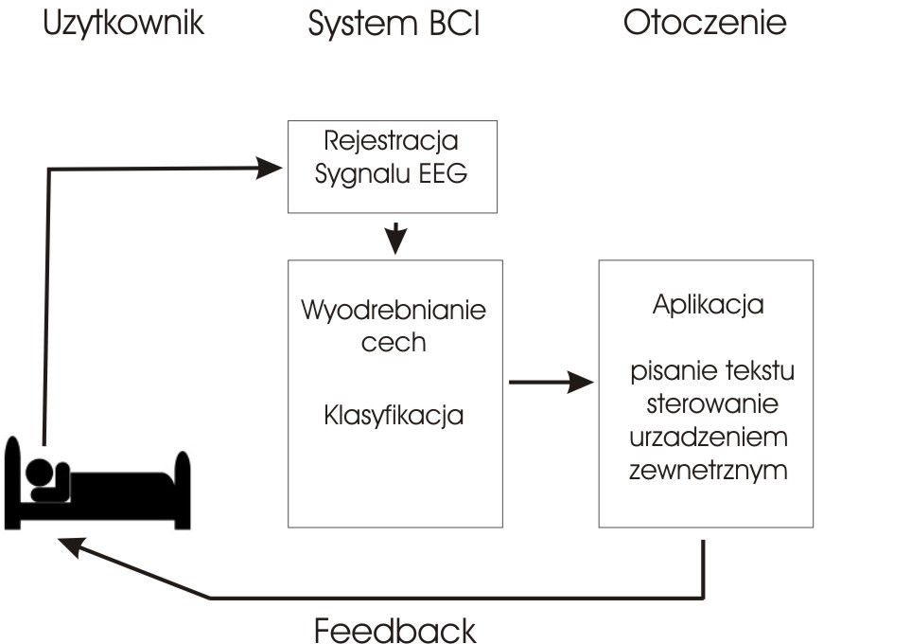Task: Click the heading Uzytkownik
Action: [x=123, y=24]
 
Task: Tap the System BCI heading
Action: [x=394, y=24]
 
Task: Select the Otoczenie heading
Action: [x=705, y=24]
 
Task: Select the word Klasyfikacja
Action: [x=394, y=415]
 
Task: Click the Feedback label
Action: [x=394, y=629]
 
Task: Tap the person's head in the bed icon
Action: [x=38, y=471]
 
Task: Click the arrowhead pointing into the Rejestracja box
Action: [x=273, y=168]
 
